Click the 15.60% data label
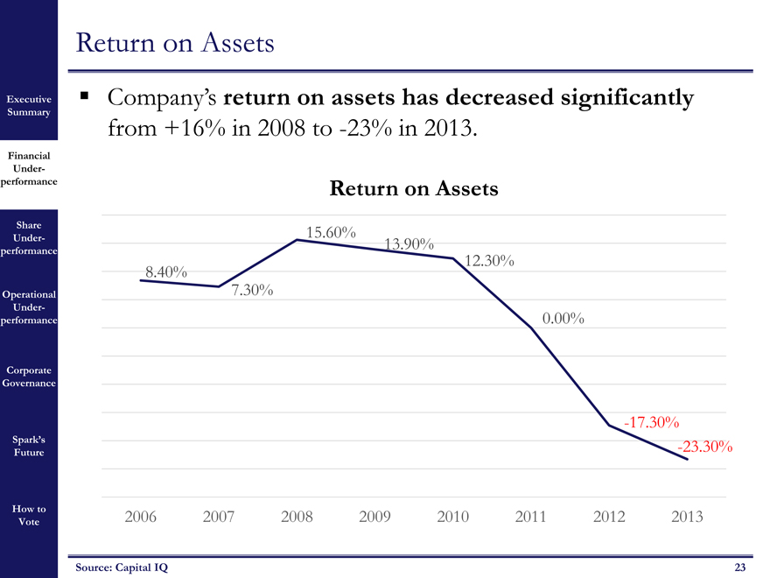pyautogui.click(x=331, y=232)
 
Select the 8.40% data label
pyautogui.click(x=166, y=272)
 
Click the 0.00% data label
pyautogui.click(x=563, y=319)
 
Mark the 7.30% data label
pyautogui.click(x=254, y=290)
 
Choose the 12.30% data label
pyautogui.click(x=490, y=261)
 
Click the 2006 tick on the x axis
pyautogui.click(x=142, y=517)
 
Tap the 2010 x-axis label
pyautogui.click(x=453, y=517)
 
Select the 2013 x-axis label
pyautogui.click(x=687, y=517)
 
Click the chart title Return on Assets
pyautogui.click(x=413, y=188)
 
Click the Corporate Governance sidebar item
pyautogui.click(x=29, y=377)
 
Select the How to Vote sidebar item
pyautogui.click(x=29, y=515)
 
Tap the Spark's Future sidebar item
pyautogui.click(x=29, y=446)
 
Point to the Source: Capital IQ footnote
pyautogui.click(x=121, y=567)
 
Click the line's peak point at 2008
pyautogui.click(x=297, y=240)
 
